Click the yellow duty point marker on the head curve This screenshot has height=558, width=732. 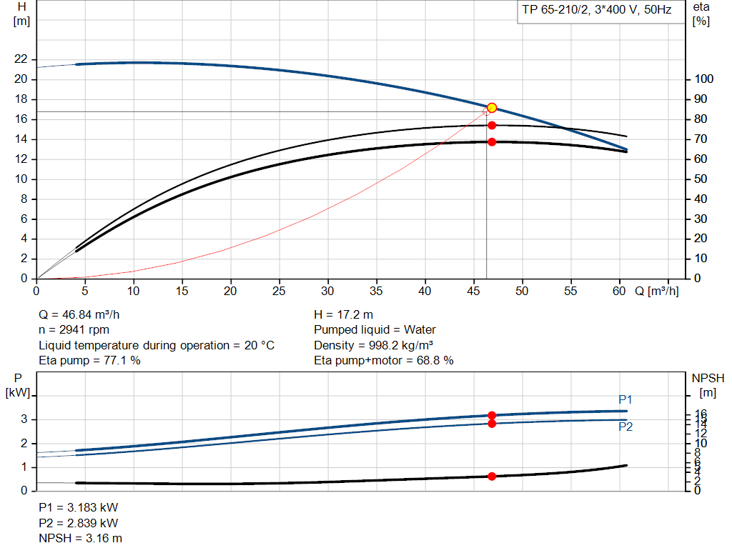492,108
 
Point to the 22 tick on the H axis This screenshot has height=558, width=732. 20,59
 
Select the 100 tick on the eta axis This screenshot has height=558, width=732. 703,79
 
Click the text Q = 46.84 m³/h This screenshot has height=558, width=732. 84,314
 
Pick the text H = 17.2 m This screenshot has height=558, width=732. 344,314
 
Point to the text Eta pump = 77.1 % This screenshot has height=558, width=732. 89,361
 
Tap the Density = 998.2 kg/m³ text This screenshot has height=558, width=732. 375,345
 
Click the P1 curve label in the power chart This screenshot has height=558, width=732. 625,399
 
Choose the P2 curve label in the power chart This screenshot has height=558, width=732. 625,427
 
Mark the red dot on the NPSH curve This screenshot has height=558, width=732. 492,476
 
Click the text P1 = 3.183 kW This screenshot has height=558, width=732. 78,507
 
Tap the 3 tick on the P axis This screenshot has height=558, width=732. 24,419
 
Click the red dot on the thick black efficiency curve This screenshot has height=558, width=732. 492,141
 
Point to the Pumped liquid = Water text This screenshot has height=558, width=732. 375,330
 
